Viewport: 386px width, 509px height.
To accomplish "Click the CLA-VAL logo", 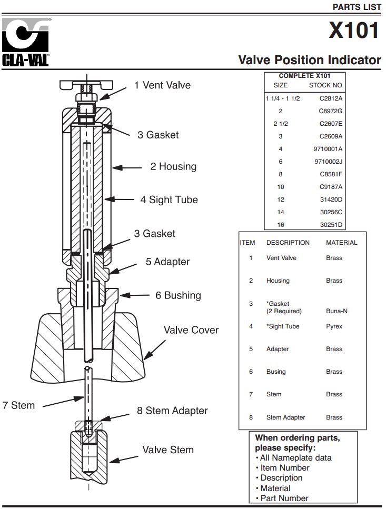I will tap(26, 42).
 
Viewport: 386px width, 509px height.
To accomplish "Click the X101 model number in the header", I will tap(354, 30).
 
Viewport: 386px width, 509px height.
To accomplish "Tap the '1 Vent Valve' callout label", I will tap(162, 85).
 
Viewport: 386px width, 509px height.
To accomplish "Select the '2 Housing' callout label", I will tap(173, 167).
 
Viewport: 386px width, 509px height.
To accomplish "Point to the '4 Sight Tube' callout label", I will tap(169, 200).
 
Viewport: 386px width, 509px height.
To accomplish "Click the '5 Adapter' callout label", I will tap(167, 262).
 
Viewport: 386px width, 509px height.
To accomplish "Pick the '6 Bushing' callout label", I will tap(177, 295).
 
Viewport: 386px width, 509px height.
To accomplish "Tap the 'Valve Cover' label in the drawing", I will tap(191, 330).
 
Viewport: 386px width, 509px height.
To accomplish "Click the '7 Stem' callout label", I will tap(18, 405).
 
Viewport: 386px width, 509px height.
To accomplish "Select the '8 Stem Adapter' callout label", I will tap(172, 411).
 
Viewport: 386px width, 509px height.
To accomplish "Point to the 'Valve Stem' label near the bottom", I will tap(167, 450).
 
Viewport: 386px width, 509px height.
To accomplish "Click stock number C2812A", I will tap(331, 98).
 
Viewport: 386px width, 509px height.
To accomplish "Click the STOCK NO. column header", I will tap(326, 85).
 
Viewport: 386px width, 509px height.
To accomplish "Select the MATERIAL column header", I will tap(341, 243).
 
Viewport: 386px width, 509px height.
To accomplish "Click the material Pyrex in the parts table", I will tap(334, 326).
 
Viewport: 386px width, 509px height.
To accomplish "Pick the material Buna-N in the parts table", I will tap(336, 311).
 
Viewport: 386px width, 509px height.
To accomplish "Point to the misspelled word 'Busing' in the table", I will tap(276, 372).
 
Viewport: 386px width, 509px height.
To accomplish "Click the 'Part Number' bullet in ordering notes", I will tap(284, 498).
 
